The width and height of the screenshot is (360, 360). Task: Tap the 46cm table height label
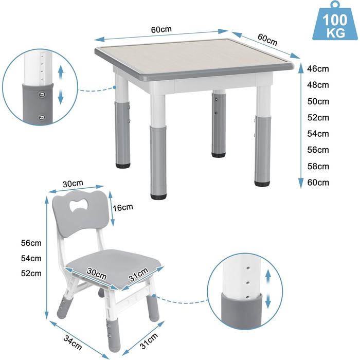point(318,68)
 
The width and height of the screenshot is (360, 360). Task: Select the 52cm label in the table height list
point(318,118)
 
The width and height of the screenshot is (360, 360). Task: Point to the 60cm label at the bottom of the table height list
point(318,183)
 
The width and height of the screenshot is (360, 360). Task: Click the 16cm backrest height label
point(123,207)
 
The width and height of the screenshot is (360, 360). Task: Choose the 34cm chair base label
point(73,343)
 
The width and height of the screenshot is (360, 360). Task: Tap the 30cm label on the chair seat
point(97,274)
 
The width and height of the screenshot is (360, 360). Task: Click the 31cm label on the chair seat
point(139,275)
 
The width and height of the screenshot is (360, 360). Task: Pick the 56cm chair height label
point(31,243)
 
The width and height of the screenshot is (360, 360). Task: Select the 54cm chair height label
point(31,258)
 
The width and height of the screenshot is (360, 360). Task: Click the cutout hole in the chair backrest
point(79,205)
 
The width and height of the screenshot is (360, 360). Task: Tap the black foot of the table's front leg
point(158,196)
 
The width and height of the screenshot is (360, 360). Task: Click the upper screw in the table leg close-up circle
point(42,94)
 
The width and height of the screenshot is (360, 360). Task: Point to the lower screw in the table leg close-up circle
point(42,117)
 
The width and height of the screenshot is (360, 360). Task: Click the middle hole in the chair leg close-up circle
point(248,283)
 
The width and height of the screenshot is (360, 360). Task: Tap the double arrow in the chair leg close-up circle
point(268,289)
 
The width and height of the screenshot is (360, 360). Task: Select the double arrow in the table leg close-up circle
point(61,84)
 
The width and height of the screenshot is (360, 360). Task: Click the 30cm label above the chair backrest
point(73,184)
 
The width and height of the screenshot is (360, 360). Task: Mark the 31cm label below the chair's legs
point(149,341)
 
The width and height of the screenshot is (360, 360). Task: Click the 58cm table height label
point(318,166)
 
